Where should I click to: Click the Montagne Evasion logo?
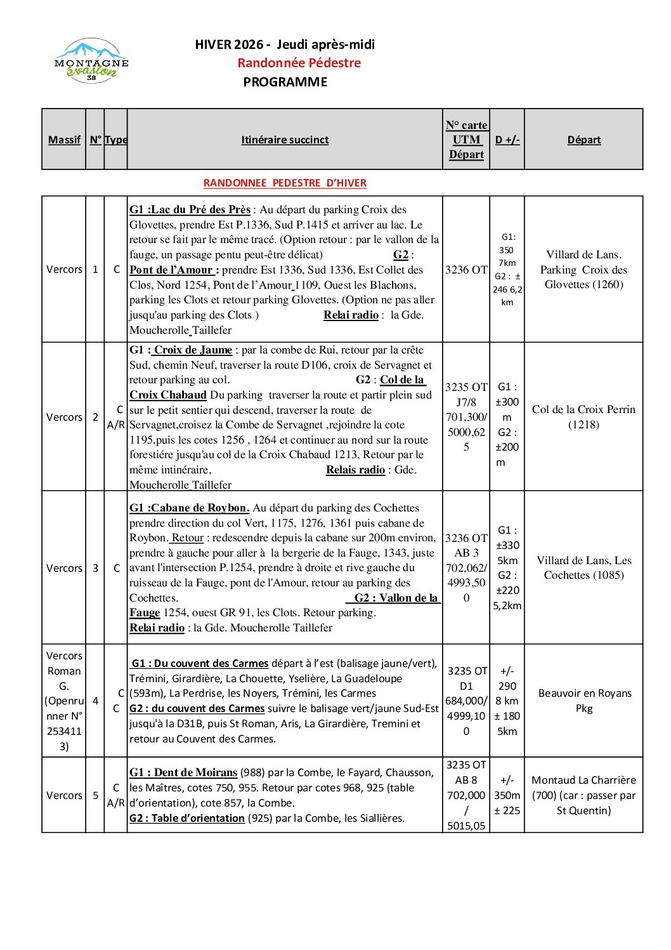pos(91,62)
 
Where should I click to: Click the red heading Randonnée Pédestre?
pos(299,63)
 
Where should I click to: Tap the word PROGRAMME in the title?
pos(285,82)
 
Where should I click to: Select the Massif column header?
pos(64,140)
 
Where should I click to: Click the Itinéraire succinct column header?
pos(285,140)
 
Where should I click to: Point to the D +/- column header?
pos(507,140)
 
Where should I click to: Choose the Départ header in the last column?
pos(583,140)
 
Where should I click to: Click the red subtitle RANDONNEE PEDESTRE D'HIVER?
pos(285,183)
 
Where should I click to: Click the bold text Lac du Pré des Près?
pos(201,209)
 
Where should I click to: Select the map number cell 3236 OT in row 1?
pos(466,270)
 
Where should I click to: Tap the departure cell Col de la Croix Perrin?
pos(583,417)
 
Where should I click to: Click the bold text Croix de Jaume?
pos(193,350)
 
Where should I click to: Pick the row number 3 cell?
pos(95,568)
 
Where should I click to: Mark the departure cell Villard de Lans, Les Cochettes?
pos(583,568)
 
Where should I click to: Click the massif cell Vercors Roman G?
pos(64,701)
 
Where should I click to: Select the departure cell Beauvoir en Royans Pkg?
pos(583,701)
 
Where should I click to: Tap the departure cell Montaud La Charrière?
pos(583,795)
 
